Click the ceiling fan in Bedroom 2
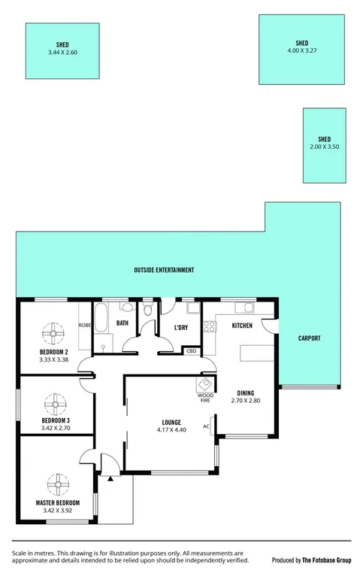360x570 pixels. pos(54,332)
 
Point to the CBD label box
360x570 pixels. pos(191,351)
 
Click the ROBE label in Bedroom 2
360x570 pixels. pos(85,325)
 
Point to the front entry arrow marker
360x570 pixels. pos(111,476)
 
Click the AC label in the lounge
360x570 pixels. pos(205,427)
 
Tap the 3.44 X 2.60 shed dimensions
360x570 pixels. pos(62,53)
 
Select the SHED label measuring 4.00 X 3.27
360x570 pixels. pos(302,43)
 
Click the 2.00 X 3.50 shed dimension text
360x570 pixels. pos(325,147)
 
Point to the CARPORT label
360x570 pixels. pos(309,338)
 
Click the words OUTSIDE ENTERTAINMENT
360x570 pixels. pos(164,270)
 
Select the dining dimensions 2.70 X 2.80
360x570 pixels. pos(245,401)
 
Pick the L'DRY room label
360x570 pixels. pos(180,328)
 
